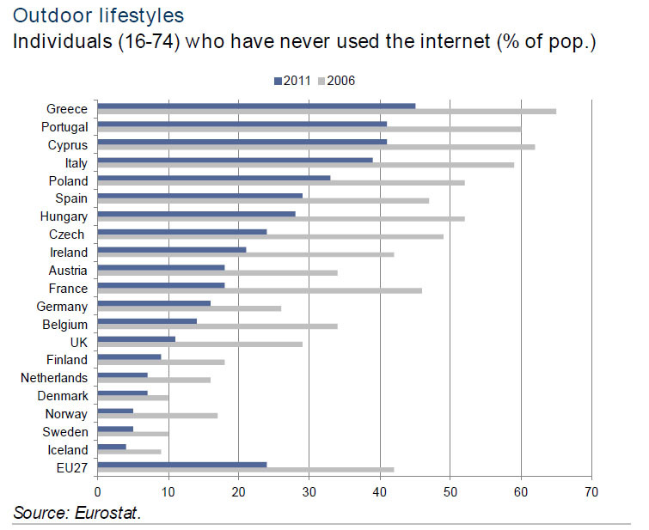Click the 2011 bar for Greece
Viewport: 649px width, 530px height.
256,107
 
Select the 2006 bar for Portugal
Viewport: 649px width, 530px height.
309,130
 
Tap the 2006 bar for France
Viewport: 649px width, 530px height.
260,291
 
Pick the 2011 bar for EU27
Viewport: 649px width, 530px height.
182,465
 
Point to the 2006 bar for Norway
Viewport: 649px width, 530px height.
157,416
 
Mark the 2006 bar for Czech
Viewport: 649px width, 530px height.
270,237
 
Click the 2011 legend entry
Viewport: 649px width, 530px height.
291,81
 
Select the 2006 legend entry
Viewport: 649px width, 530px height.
337,81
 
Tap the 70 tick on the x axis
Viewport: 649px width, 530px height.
591,491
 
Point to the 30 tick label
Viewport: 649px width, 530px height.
309,491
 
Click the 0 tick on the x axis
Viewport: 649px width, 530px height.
98,491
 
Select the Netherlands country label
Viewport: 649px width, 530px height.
54,378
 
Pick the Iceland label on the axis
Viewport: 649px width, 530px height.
67,450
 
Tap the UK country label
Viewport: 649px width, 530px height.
78,342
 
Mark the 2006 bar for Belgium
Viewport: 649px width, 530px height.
217,327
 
